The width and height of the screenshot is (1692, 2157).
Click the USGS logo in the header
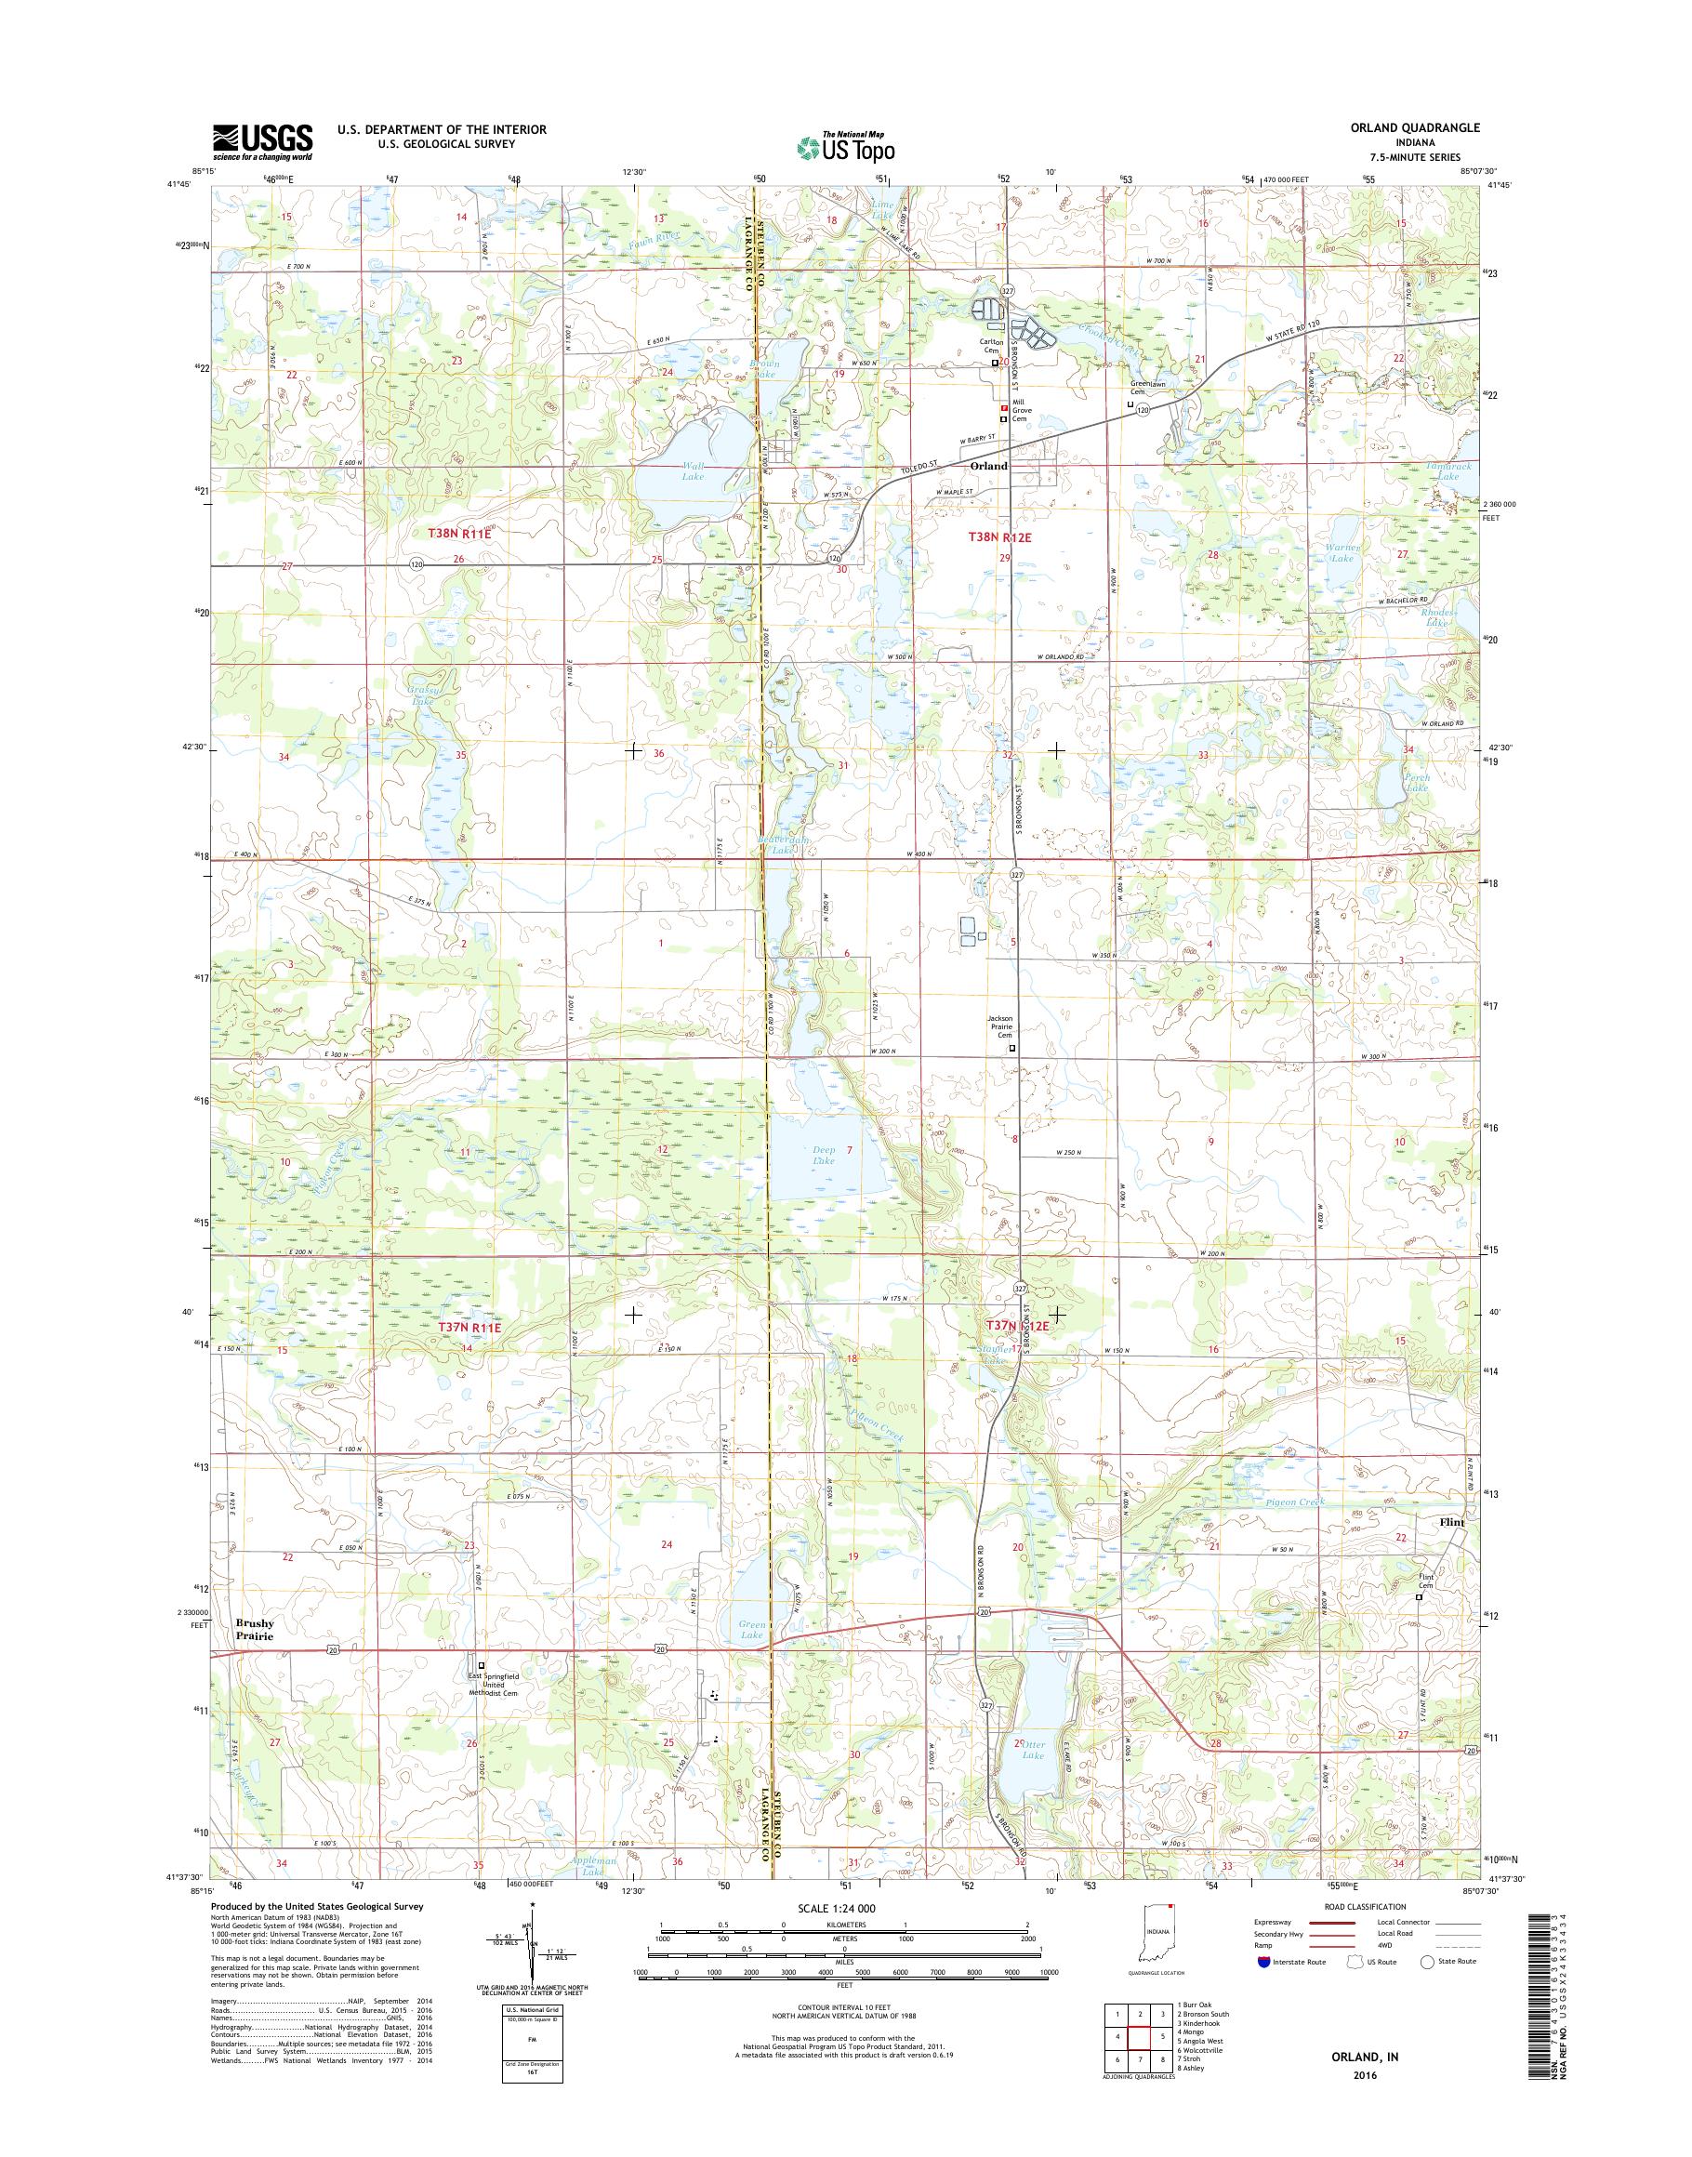tap(262, 141)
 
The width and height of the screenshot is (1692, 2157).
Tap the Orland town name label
tap(987, 466)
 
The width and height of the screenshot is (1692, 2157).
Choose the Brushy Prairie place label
tap(255, 1630)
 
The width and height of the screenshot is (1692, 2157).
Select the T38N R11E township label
tap(459, 533)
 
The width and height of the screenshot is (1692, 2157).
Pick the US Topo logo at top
tap(844, 147)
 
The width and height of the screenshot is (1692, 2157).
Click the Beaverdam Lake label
tap(785, 845)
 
